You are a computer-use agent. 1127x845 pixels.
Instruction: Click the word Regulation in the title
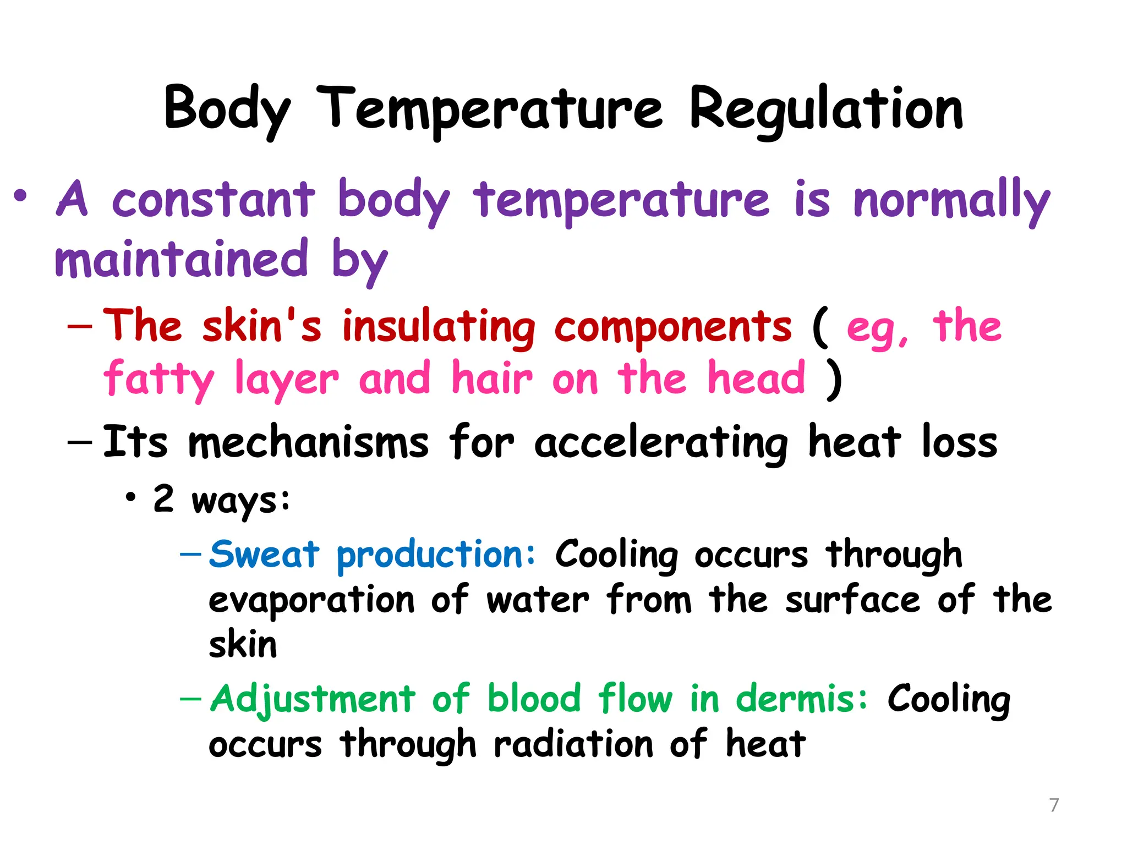tap(826, 109)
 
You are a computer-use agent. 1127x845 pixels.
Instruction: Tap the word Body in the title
tap(226, 109)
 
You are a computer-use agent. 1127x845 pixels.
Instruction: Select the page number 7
tap(1054, 805)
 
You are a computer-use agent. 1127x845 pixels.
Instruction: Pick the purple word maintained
tap(181, 260)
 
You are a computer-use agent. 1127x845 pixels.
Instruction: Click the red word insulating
tap(439, 328)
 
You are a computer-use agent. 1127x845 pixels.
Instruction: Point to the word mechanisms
tap(308, 442)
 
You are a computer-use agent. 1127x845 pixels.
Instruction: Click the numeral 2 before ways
tap(163, 498)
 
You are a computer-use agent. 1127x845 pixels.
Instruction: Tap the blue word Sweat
tap(264, 554)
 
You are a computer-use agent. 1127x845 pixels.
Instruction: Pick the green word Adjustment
tap(313, 700)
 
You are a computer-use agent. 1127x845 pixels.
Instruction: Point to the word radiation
tap(573, 744)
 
